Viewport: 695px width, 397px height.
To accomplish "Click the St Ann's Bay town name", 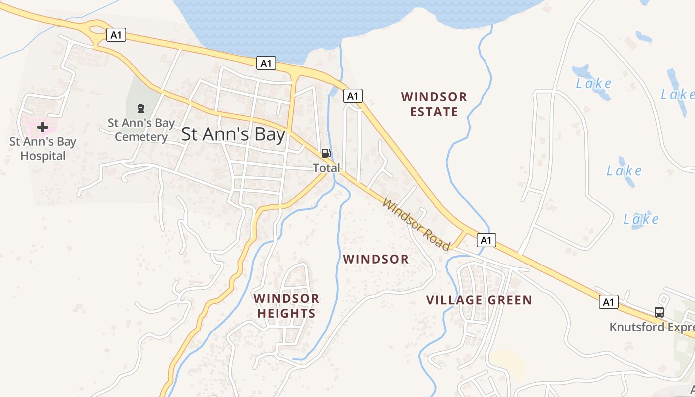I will pos(233,134).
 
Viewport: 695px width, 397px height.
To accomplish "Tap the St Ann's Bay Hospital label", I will pos(43,149).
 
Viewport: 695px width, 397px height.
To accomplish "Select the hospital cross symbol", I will pos(43,127).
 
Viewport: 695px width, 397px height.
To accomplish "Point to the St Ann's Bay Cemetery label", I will pos(141,130).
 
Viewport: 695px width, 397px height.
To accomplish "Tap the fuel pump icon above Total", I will pos(326,153).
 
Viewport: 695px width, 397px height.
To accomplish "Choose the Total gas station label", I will pos(326,168).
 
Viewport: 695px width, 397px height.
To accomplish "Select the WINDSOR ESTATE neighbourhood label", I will pos(434,104).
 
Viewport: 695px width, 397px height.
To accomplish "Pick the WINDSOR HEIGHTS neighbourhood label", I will pos(286,306).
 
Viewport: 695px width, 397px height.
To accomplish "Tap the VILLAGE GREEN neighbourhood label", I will pos(479,300).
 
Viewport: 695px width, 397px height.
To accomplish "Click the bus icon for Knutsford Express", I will pos(659,312).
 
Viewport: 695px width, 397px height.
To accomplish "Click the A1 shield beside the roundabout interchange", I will pos(116,35).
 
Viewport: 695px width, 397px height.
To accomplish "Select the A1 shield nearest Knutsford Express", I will pos(609,302).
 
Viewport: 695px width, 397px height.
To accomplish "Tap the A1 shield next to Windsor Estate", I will pos(353,96).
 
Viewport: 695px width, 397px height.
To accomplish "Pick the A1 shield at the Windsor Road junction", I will pos(486,240).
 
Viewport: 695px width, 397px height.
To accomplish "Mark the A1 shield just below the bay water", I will pos(267,63).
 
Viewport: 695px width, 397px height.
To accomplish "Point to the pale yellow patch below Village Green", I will pos(507,364).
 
